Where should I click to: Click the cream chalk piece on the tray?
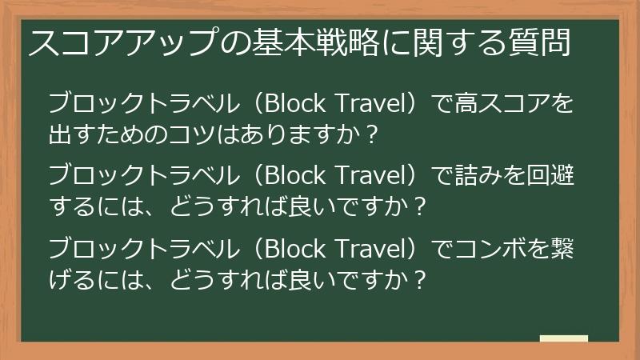click(x=563, y=339)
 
